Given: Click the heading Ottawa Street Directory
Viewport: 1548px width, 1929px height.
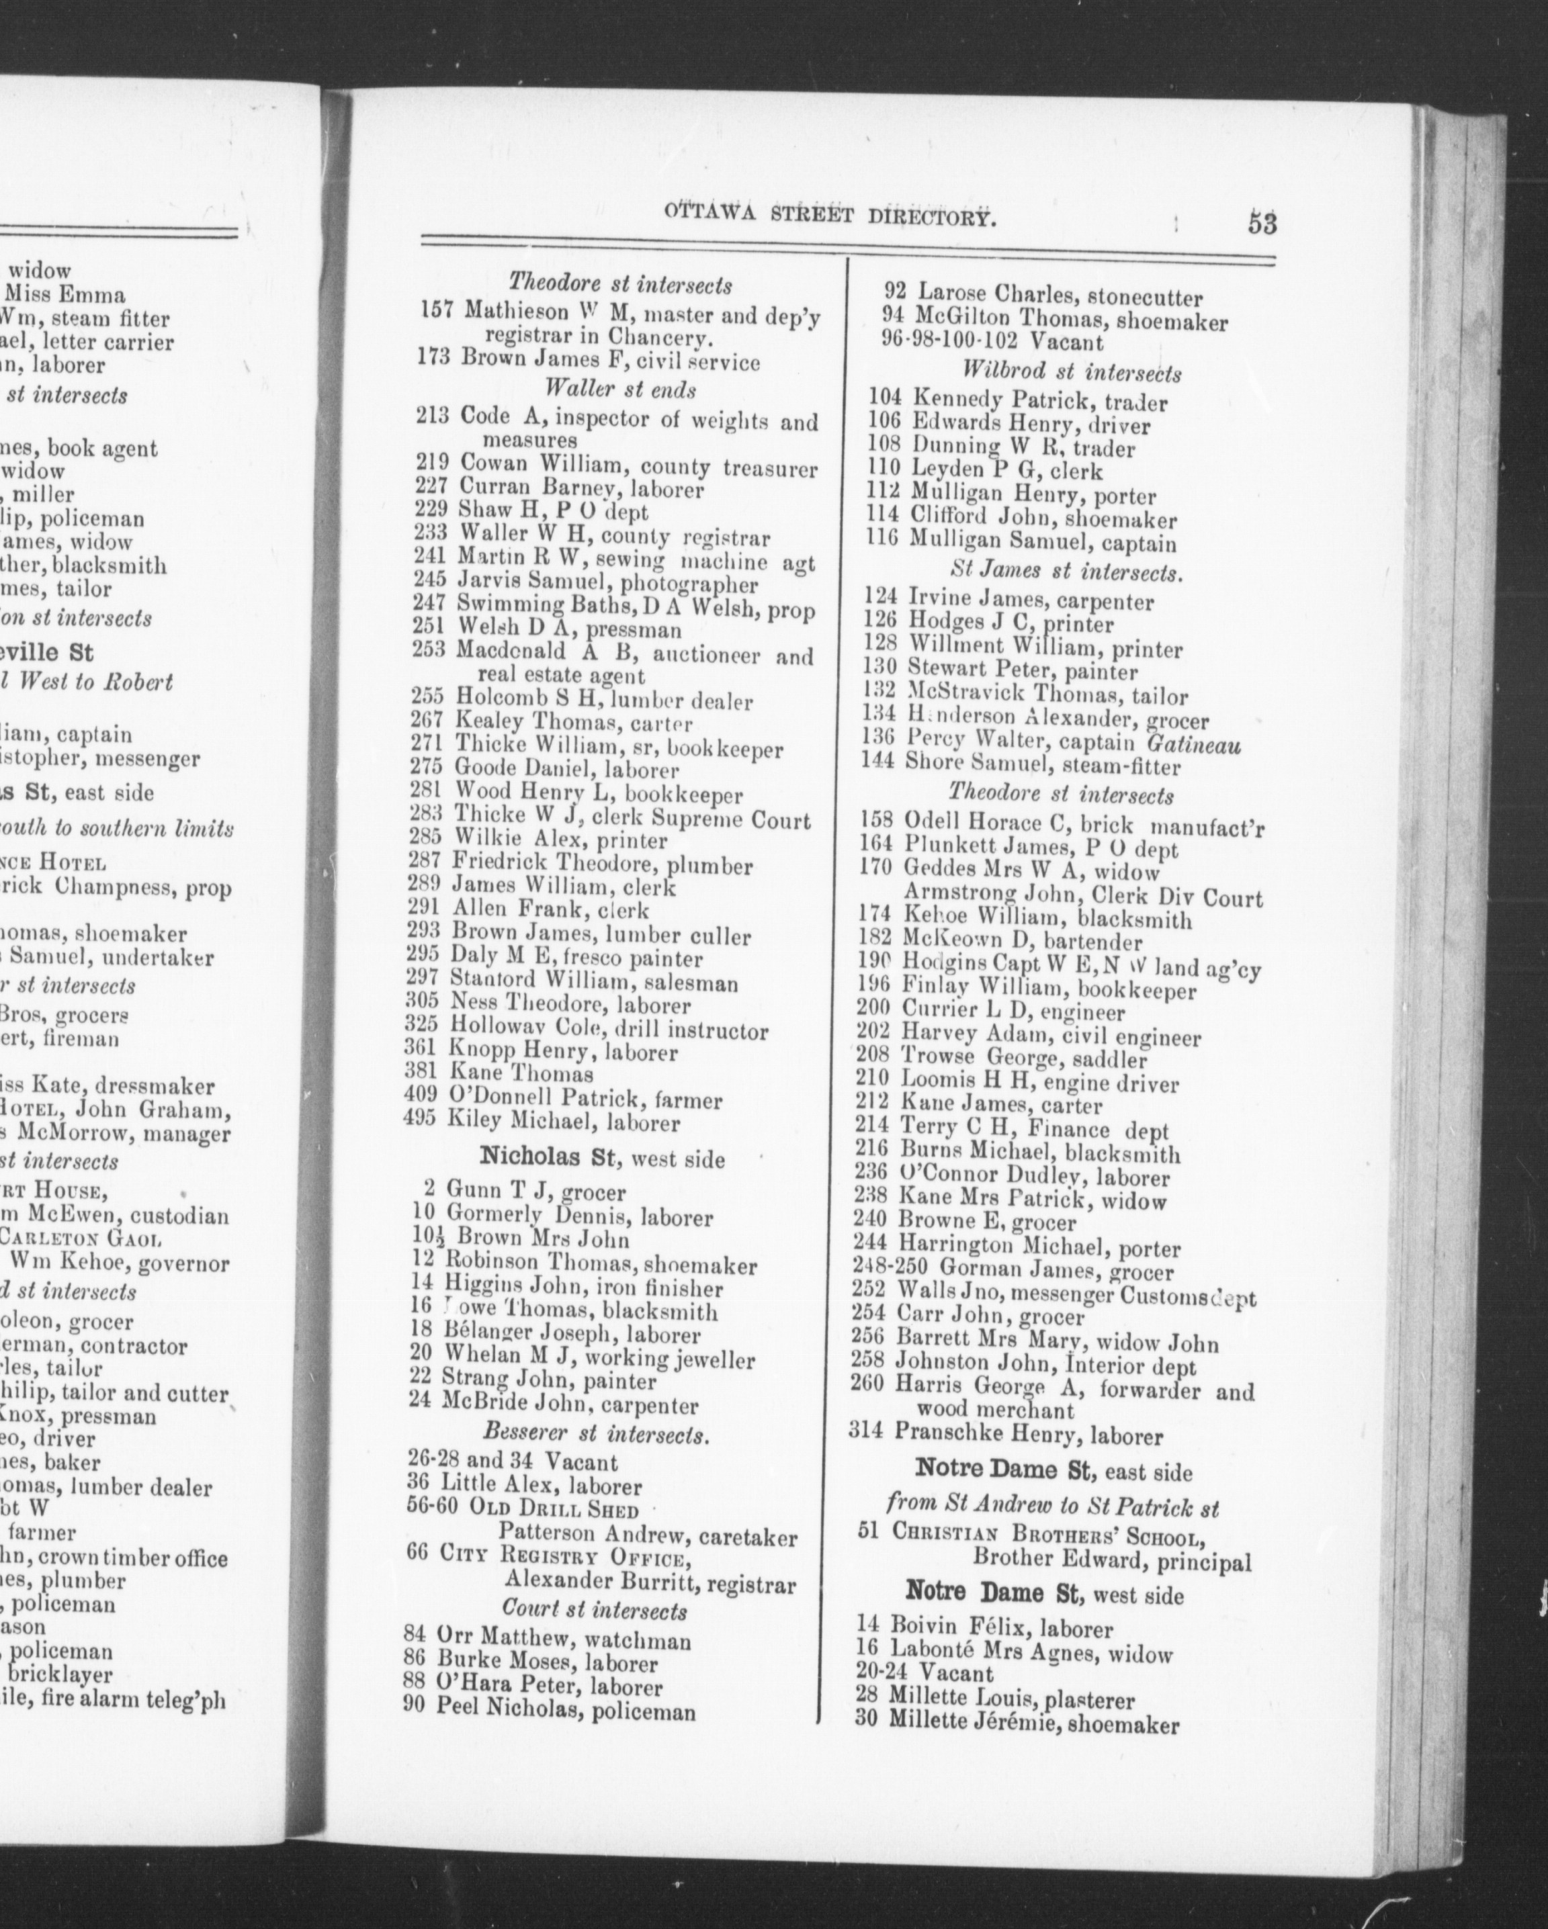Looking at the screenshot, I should pyautogui.click(x=830, y=218).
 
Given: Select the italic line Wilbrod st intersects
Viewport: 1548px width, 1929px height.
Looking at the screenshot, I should pyautogui.click(x=1071, y=372).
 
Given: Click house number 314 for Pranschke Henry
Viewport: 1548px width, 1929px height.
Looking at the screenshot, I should pyautogui.click(x=865, y=1435).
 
